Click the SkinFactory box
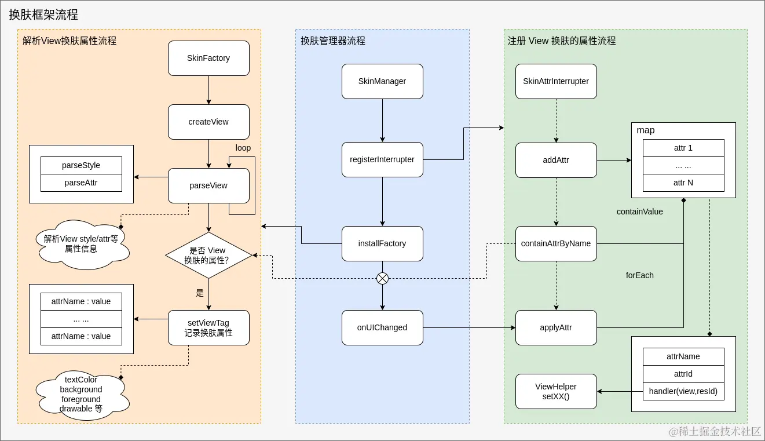point(208,58)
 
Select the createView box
point(208,122)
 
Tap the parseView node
point(208,185)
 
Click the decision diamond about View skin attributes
point(208,256)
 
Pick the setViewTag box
point(208,328)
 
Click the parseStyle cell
point(81,165)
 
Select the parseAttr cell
point(81,183)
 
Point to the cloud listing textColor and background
point(81,394)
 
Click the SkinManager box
point(382,81)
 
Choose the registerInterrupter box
point(382,159)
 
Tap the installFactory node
point(382,243)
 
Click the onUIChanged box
point(382,327)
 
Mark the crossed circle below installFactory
point(382,279)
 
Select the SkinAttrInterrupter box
point(556,81)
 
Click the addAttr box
point(556,160)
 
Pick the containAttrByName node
point(556,243)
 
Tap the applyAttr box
point(556,327)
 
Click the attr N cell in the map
point(683,183)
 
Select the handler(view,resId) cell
point(683,391)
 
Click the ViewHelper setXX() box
point(556,392)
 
